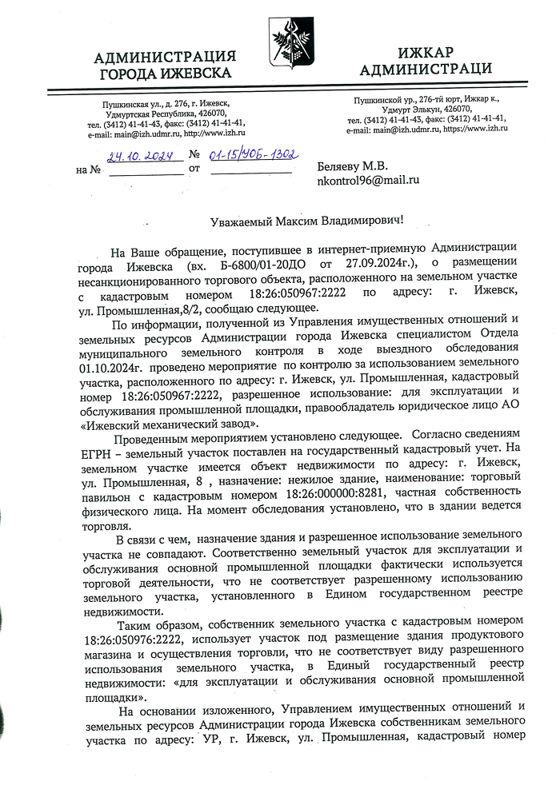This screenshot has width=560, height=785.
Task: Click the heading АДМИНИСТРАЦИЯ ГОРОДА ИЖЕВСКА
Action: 165,65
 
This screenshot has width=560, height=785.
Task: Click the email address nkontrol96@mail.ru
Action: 369,181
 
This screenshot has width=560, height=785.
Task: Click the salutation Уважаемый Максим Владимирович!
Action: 302,219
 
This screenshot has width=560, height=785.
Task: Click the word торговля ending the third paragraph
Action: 106,522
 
